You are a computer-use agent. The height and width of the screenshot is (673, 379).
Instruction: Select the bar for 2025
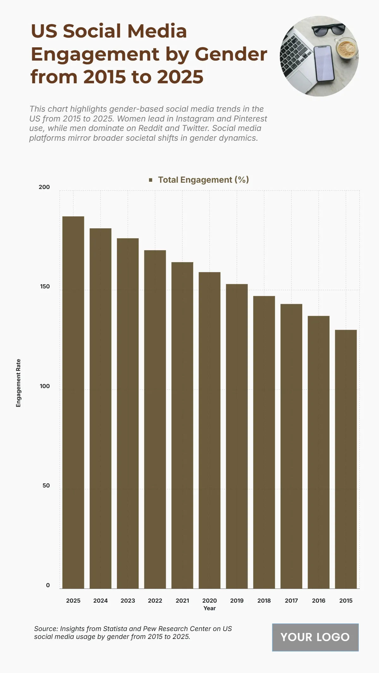[73, 402]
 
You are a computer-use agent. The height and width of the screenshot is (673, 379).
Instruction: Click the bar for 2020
[209, 430]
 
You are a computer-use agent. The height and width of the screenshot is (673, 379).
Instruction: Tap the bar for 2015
[346, 459]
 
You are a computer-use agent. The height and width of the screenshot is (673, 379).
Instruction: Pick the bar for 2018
[264, 442]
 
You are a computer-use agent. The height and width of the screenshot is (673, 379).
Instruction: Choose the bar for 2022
[155, 419]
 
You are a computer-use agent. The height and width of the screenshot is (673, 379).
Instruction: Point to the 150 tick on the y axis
[45, 286]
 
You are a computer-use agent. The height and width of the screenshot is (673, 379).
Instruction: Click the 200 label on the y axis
[44, 187]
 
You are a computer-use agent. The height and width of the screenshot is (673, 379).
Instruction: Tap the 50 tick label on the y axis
[46, 486]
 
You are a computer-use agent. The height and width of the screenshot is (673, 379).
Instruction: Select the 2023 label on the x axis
[128, 601]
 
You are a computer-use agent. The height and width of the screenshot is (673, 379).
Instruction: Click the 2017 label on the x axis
[291, 601]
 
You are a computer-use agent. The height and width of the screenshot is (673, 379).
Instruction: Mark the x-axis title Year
[209, 608]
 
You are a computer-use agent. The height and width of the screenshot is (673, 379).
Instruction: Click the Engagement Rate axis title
[18, 383]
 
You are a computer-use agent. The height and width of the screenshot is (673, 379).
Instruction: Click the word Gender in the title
[231, 54]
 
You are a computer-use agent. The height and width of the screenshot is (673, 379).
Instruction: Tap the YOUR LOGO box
[315, 637]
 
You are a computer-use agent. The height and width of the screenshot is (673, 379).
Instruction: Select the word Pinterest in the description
[250, 119]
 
